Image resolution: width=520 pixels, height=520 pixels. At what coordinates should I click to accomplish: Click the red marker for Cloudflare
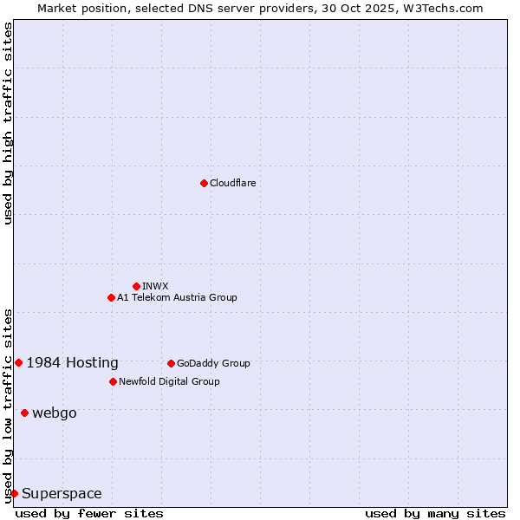click(204, 183)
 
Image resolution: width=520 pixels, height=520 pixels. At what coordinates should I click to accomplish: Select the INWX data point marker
click(136, 286)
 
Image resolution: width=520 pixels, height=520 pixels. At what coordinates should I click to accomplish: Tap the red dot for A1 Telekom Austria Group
click(111, 297)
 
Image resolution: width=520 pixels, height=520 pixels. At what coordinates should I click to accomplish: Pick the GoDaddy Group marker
click(171, 363)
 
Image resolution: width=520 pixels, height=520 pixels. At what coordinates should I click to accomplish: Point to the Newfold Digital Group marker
click(113, 381)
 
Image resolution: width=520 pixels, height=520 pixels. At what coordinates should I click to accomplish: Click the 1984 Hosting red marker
click(18, 362)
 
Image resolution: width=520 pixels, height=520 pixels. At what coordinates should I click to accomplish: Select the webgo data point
click(24, 413)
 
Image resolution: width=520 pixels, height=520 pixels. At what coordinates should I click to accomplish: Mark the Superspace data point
click(14, 493)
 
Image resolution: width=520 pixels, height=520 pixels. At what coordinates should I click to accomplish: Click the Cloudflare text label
click(232, 183)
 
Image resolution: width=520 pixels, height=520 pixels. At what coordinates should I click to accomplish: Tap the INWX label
click(155, 286)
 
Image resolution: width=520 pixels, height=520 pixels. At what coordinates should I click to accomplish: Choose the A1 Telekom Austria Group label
click(177, 297)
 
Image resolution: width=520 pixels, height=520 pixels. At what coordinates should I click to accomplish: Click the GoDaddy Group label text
click(213, 363)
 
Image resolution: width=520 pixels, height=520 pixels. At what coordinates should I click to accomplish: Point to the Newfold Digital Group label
click(169, 381)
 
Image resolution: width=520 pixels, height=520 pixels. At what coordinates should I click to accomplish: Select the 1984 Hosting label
click(73, 363)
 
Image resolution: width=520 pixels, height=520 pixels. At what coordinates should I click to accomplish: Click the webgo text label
click(55, 413)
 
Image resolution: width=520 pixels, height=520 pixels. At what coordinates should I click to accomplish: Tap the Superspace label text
click(62, 494)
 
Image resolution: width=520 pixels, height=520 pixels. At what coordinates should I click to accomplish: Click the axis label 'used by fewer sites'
click(89, 513)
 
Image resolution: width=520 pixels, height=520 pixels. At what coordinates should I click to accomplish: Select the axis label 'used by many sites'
click(435, 513)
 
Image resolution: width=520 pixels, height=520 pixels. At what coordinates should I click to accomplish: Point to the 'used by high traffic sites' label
click(8, 123)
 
